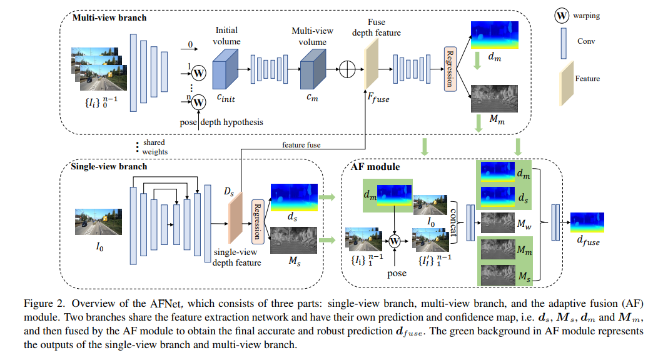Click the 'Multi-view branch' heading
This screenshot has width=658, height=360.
[109, 17]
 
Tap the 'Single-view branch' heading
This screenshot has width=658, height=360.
[109, 167]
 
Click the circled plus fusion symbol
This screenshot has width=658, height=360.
[347, 69]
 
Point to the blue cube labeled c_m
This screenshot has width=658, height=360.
[313, 66]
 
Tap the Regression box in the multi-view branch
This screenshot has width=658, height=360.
[448, 69]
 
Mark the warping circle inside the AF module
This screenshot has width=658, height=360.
[395, 240]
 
